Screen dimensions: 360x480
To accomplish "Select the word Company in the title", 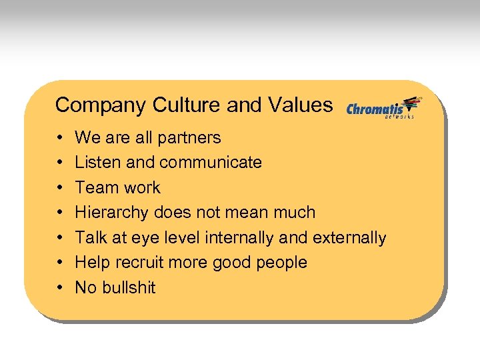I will coord(101,105).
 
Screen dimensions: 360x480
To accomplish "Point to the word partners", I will coord(189,138).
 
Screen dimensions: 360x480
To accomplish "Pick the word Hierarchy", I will coord(112,213).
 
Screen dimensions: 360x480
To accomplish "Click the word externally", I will coord(351,237).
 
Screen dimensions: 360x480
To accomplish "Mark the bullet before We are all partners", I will coord(60,139).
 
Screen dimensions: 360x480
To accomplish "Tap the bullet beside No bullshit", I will coord(60,289).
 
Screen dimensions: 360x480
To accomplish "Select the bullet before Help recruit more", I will coord(60,263).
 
